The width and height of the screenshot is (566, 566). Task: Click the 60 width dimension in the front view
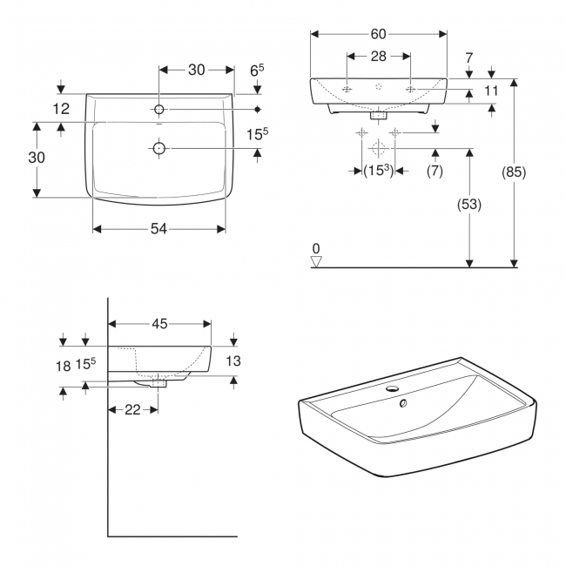378,34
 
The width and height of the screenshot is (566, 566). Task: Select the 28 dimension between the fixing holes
378,57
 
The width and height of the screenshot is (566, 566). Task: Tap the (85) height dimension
515,172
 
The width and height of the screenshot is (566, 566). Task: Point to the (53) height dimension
469,205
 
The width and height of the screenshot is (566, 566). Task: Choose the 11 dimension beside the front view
491,91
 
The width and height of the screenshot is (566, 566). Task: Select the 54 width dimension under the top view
159,229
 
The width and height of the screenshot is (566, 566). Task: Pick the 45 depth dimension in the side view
159,324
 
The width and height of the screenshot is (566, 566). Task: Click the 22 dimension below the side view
131,408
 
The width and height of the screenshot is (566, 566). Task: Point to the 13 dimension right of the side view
232,360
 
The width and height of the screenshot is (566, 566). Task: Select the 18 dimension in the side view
63,367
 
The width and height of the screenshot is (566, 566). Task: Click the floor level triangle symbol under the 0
317,259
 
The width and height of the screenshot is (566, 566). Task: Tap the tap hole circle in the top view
158,110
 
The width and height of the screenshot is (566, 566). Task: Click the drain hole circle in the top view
158,149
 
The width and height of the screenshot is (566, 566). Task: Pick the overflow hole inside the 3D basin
403,403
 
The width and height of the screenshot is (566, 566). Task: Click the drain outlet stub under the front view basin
378,114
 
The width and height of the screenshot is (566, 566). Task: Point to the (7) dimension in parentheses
435,172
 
